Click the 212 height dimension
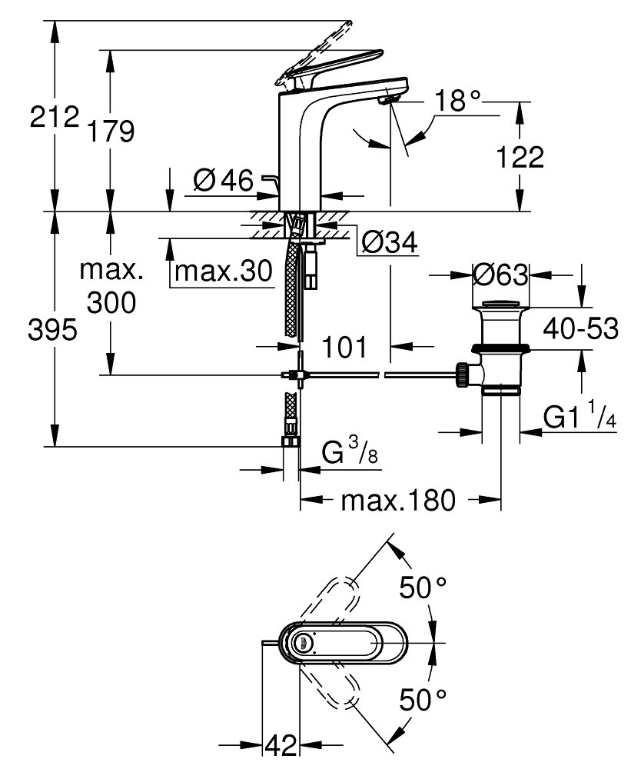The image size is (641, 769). click(54, 117)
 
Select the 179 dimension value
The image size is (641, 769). click(110, 131)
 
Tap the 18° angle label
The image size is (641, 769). click(457, 101)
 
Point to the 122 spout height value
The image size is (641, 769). click(520, 158)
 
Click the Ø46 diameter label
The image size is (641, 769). click(224, 181)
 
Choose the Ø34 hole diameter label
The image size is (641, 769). click(390, 241)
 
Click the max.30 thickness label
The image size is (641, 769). click(224, 270)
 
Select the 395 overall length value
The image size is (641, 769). click(52, 329)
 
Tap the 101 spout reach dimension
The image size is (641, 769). click(344, 348)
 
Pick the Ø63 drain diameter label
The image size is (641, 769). click(501, 275)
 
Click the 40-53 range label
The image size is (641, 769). click(581, 328)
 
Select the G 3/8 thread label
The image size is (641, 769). click(350, 451)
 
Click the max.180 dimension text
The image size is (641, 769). click(398, 501)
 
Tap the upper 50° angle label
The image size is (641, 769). click(423, 588)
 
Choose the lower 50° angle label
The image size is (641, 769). click(423, 699)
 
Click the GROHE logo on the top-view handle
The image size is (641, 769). click(304, 642)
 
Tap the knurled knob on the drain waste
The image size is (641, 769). click(462, 375)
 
